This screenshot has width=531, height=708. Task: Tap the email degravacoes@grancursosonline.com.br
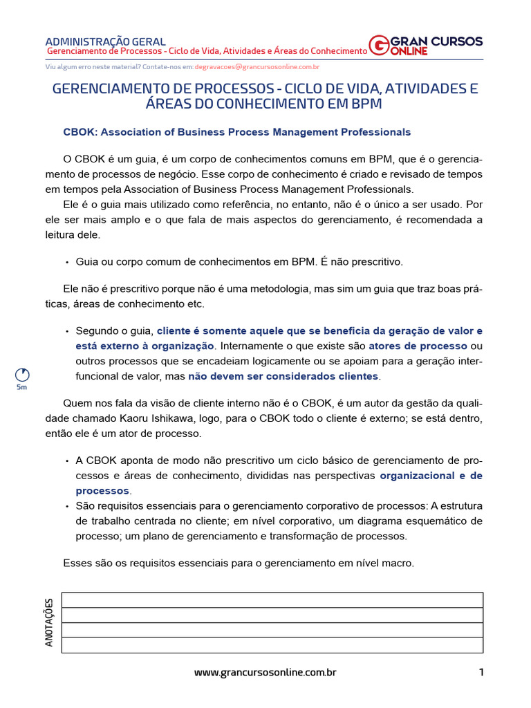pyautogui.click(x=257, y=67)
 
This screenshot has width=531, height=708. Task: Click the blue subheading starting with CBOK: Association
pyautogui.click(x=236, y=132)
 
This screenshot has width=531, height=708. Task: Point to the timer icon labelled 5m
pyautogui.click(x=22, y=375)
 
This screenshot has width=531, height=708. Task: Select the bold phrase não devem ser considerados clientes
pyautogui.click(x=283, y=376)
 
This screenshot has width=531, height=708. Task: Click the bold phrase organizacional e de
pyautogui.click(x=431, y=476)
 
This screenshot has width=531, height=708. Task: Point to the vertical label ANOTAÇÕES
pyautogui.click(x=49, y=622)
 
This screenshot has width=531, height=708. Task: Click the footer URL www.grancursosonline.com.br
pyautogui.click(x=265, y=672)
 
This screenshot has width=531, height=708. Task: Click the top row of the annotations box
pyautogui.click(x=272, y=599)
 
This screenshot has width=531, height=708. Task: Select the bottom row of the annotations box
pyautogui.click(x=272, y=645)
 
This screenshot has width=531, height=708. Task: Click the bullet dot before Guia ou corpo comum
pyautogui.click(x=67, y=263)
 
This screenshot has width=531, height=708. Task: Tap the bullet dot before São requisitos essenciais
pyautogui.click(x=67, y=506)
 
